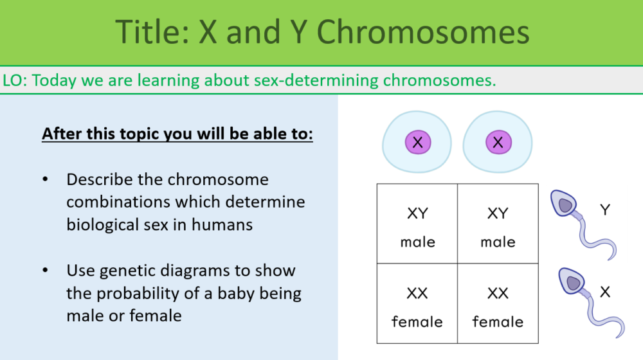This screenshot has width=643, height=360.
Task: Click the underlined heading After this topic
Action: coord(177,135)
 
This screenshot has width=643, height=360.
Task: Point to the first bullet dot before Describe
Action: coord(45,179)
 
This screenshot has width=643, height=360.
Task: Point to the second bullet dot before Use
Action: coord(45,271)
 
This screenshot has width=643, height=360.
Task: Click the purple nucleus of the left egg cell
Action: coord(417,142)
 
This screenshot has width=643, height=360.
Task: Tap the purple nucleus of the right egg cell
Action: coord(497,142)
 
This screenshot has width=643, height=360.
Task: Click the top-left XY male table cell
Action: coord(417,224)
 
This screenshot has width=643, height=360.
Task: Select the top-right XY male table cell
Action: coord(498,224)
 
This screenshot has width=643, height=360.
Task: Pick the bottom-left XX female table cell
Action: coord(417,303)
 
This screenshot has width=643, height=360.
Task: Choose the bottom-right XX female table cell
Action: coord(498,303)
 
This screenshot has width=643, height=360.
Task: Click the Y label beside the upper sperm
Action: coord(605,210)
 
